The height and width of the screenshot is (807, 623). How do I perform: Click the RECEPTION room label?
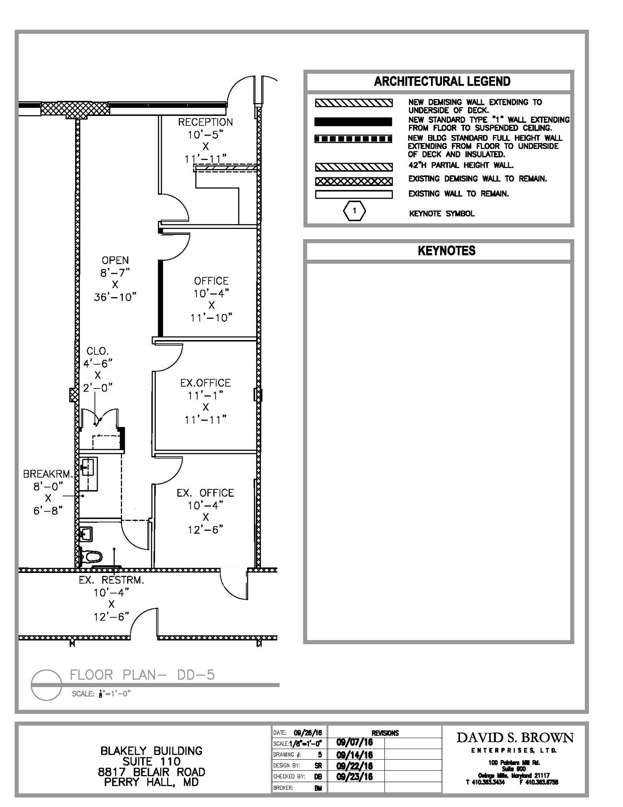pos(205,123)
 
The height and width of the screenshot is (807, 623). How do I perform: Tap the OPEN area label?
pos(115,260)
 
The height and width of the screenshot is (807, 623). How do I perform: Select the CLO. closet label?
pos(98,351)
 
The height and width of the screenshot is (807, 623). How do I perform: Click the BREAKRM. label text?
pos(48,474)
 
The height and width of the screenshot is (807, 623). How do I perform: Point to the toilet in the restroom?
pos(91,557)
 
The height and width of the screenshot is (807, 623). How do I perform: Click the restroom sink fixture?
pos(86,534)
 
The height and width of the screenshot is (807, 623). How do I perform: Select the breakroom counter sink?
pos(89,469)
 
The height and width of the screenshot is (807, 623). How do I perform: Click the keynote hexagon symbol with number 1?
pos(354,211)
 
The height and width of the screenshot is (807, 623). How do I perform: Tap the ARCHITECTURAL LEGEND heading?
pos(442,82)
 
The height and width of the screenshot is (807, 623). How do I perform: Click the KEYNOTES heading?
pos(446,251)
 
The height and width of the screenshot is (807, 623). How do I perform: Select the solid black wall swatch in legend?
pos(353,122)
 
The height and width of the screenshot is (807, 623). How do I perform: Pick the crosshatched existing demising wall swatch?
pos(353,182)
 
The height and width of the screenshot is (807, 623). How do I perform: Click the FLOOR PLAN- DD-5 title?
pos(142,675)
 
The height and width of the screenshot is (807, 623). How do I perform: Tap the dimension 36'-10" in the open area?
pos(115,298)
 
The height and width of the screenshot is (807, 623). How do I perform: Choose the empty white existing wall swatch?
pos(353,195)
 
